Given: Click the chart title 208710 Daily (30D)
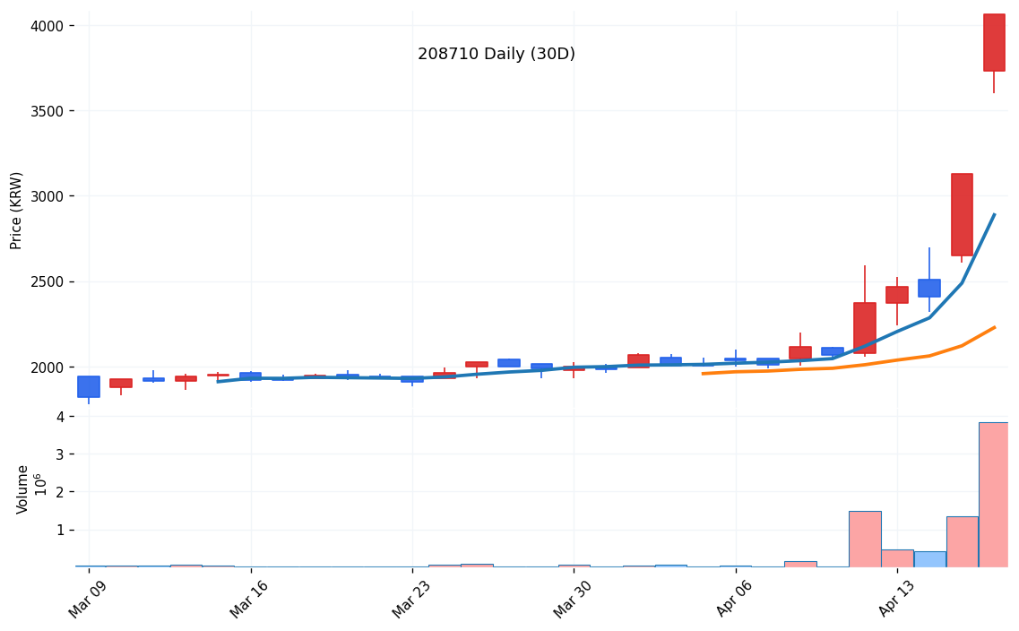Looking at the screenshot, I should click(497, 55).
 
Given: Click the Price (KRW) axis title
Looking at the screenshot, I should click(17, 210).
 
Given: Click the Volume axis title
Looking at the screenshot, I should click(23, 488).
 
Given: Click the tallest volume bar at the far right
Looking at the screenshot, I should click(993, 495).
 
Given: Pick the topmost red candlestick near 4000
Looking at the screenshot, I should click(994, 42).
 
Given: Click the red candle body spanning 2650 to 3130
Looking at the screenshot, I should click(962, 215).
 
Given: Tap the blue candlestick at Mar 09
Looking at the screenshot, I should click(89, 386).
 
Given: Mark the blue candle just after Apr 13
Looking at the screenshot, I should click(929, 288).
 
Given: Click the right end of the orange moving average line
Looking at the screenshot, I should click(994, 328).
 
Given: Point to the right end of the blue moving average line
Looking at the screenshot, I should click(994, 215).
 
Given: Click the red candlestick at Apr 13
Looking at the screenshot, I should click(897, 295).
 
